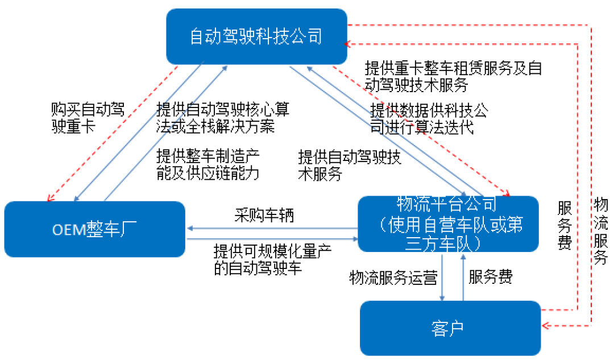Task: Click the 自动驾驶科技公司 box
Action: point(256,36)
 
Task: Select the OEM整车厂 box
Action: point(94,229)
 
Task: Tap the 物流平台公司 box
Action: point(449,224)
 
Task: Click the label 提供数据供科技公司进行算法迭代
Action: point(428,118)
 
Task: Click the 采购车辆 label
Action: point(264,216)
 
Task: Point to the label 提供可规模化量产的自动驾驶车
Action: point(272,259)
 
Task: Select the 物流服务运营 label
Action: point(393,278)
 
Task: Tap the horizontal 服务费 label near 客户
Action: point(491,277)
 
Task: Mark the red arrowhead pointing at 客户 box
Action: point(546,326)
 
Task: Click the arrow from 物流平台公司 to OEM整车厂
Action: point(272,229)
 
